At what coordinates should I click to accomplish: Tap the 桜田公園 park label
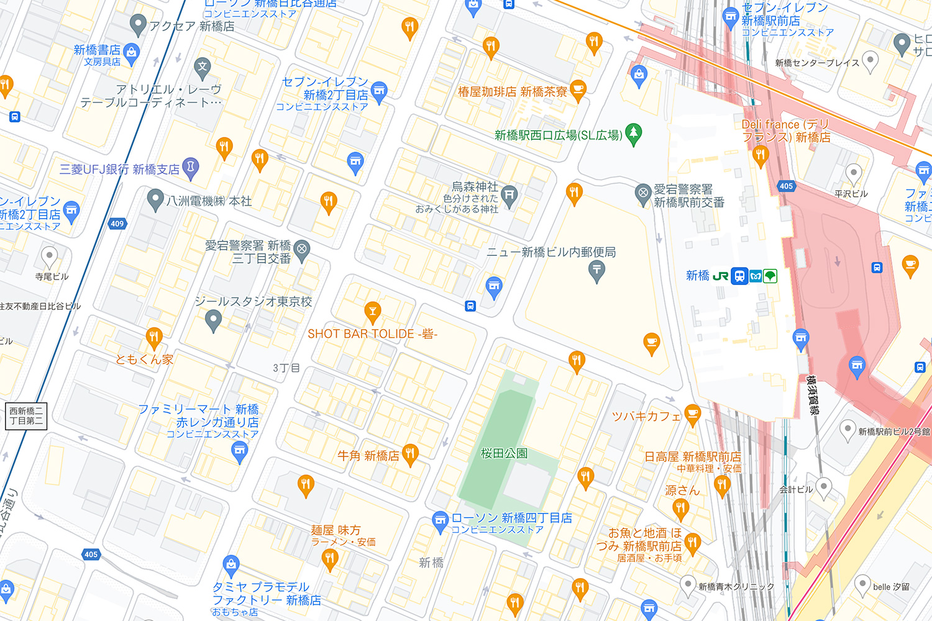pyautogui.click(x=504, y=453)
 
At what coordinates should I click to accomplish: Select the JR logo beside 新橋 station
pyautogui.click(x=721, y=276)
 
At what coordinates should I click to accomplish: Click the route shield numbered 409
pyautogui.click(x=117, y=224)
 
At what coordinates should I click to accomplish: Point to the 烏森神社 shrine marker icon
pyautogui.click(x=509, y=195)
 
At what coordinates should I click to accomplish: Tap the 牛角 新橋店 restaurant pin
pyautogui.click(x=409, y=453)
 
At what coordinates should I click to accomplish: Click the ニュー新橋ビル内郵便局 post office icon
pyautogui.click(x=596, y=270)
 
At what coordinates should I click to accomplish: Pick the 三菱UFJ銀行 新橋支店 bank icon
pyautogui.click(x=191, y=167)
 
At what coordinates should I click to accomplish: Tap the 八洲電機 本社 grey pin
pyautogui.click(x=155, y=199)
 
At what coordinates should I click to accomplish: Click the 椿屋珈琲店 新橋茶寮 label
pyautogui.click(x=513, y=92)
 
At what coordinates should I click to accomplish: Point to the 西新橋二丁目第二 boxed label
pyautogui.click(x=26, y=415)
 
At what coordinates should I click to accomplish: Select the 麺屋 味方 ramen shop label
pyautogui.click(x=336, y=530)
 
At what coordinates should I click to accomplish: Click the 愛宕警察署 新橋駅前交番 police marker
pyautogui.click(x=643, y=194)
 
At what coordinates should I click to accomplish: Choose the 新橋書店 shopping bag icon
pyautogui.click(x=131, y=53)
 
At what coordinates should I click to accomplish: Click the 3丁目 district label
pyautogui.click(x=286, y=368)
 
